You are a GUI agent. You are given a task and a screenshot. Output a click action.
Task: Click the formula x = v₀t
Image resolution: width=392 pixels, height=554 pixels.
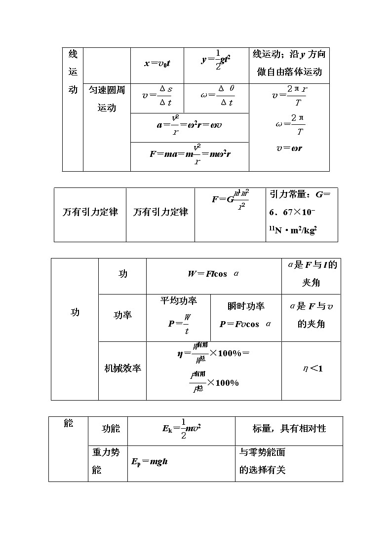pyautogui.click(x=157, y=64)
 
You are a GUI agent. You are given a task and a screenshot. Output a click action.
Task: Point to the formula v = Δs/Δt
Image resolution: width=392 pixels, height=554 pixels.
pyautogui.click(x=157, y=96)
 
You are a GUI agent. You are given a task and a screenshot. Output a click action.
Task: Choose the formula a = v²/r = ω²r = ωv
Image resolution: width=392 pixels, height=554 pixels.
pyautogui.click(x=189, y=125)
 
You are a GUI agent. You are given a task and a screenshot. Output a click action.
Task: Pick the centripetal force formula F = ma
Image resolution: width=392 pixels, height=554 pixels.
pyautogui.click(x=190, y=153)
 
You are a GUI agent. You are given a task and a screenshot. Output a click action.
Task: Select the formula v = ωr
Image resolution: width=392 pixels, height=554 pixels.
pyautogui.click(x=289, y=148)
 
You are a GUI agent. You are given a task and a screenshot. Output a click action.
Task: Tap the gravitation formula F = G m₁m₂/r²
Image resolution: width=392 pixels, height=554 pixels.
pyautogui.click(x=231, y=199)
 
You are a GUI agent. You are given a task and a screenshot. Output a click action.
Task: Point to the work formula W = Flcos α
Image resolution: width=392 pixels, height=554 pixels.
pyautogui.click(x=214, y=273)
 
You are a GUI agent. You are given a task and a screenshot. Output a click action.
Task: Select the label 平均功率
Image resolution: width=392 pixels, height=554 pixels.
pyautogui.click(x=179, y=301)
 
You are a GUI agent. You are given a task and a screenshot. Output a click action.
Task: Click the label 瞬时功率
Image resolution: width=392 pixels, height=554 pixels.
pyautogui.click(x=246, y=306)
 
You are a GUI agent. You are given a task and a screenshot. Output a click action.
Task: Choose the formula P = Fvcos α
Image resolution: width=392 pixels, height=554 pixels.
pyautogui.click(x=246, y=324)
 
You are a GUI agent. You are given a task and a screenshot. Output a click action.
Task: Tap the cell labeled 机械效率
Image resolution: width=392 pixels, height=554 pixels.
pyautogui.click(x=122, y=369)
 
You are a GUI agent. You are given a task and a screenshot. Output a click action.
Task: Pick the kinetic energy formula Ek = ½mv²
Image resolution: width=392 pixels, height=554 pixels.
pyautogui.click(x=181, y=428)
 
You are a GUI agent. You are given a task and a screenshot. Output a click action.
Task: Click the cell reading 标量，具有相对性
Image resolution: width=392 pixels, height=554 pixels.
pyautogui.click(x=289, y=429)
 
